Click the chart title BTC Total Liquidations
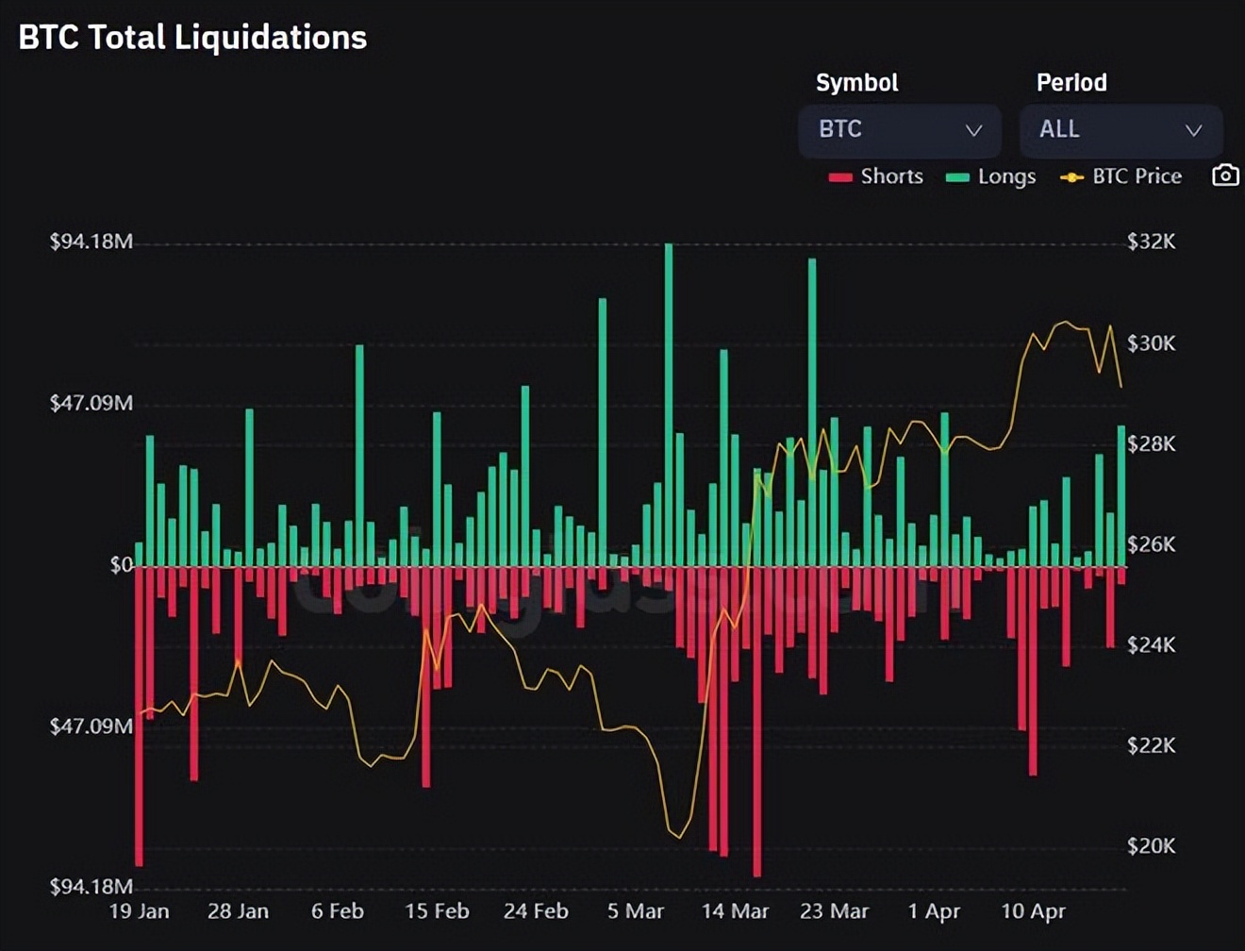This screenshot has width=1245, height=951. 192,38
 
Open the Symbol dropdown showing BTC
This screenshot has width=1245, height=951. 899,130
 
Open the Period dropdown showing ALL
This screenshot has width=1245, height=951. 1120,130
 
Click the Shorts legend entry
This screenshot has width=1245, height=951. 876,176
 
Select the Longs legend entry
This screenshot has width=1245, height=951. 991,176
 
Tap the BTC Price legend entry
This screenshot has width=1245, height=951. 1121,176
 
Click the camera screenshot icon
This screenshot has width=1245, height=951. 1224,175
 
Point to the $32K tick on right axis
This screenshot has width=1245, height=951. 1151,242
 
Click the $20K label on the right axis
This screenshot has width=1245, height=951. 1151,846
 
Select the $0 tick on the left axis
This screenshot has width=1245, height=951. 121,565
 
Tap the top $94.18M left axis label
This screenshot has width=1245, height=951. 91,242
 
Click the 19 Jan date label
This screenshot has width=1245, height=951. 140,911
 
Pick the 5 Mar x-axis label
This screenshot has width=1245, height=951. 635,911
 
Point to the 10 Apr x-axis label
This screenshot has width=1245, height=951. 1033,911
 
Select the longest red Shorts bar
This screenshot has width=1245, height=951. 757,722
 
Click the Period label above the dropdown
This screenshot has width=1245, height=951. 1071,83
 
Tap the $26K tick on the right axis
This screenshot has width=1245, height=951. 1151,544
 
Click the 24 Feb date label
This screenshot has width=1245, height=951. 536,911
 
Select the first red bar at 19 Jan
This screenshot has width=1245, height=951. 140,717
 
